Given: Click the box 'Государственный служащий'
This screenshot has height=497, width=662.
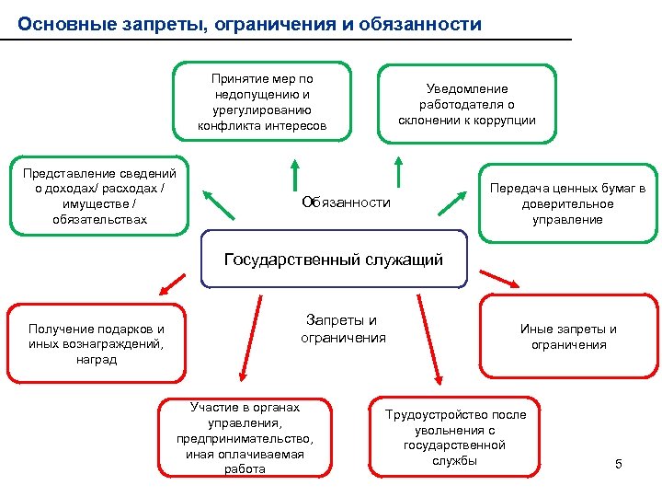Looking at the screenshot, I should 334,259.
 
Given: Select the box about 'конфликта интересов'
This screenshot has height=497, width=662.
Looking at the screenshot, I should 262,102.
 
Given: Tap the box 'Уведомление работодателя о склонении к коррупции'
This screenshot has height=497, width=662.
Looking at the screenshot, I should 467,104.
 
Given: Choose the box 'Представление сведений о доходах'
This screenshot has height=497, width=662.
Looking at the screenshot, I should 99,197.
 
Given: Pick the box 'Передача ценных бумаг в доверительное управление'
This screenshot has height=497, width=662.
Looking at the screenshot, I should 567,203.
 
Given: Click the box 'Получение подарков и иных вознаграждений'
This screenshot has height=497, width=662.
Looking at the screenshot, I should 97,343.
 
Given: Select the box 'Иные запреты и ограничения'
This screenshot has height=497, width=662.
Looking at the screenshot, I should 568,337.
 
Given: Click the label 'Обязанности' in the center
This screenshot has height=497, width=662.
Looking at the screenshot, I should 346,202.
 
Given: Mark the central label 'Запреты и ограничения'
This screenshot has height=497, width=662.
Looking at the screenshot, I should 343,329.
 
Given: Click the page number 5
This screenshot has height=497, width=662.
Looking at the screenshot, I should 619,464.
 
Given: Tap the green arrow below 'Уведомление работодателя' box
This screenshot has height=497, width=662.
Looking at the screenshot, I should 398,173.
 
